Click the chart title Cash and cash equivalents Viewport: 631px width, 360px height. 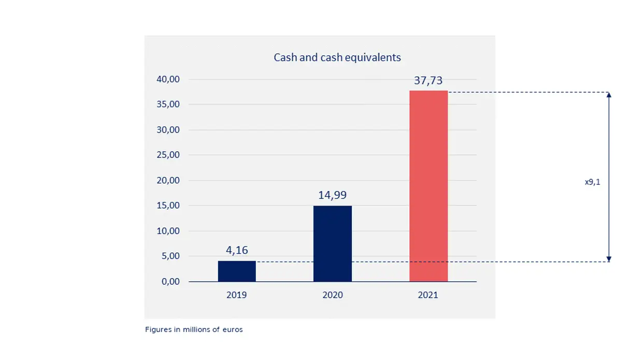click(x=337, y=57)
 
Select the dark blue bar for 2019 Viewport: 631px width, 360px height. click(x=237, y=271)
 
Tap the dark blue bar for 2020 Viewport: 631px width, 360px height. click(x=333, y=243)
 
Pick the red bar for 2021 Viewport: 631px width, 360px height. click(x=428, y=186)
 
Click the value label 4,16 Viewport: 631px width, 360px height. click(x=237, y=250)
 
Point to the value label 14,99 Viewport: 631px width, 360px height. click(x=333, y=195)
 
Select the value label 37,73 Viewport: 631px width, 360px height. click(x=428, y=81)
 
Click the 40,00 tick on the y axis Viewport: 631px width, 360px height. click(x=168, y=79)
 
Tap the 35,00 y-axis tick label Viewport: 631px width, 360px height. click(x=168, y=104)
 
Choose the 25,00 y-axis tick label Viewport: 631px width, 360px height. click(x=168, y=155)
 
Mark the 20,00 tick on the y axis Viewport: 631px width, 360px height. click(x=168, y=180)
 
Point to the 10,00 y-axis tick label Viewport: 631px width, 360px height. click(x=168, y=231)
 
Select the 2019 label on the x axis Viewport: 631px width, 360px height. click(x=237, y=295)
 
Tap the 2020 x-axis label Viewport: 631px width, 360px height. click(x=333, y=295)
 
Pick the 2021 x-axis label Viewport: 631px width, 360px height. click(x=428, y=295)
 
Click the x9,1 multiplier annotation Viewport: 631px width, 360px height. click(x=593, y=182)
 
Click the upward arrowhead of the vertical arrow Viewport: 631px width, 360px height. click(x=609, y=95)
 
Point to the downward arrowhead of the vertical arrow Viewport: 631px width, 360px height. click(x=609, y=258)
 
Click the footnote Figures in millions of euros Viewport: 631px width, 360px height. click(x=194, y=329)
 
